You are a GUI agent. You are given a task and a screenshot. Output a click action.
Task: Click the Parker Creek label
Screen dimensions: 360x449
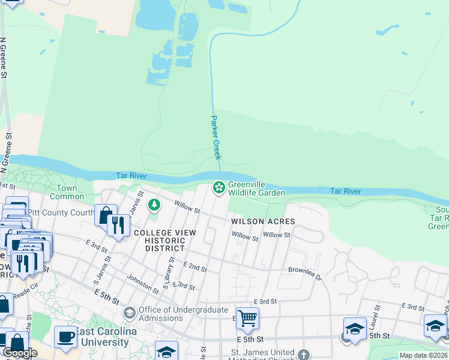(215, 137)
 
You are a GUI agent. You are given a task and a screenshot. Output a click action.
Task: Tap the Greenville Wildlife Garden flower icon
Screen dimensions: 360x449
(219, 188)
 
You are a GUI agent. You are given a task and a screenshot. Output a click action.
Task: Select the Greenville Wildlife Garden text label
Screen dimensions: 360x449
(256, 189)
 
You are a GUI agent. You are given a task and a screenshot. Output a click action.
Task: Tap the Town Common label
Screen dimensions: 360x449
(67, 192)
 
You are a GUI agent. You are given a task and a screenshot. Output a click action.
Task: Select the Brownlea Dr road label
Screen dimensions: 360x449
(305, 274)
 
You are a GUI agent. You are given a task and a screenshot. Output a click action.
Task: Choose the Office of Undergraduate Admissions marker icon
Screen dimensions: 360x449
(129, 313)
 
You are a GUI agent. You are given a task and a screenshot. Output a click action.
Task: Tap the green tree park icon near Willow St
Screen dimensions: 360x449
(154, 205)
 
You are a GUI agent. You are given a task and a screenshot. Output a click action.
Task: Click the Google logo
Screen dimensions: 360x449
(20, 353)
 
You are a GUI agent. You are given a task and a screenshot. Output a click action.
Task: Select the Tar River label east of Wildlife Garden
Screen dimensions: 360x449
(346, 191)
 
